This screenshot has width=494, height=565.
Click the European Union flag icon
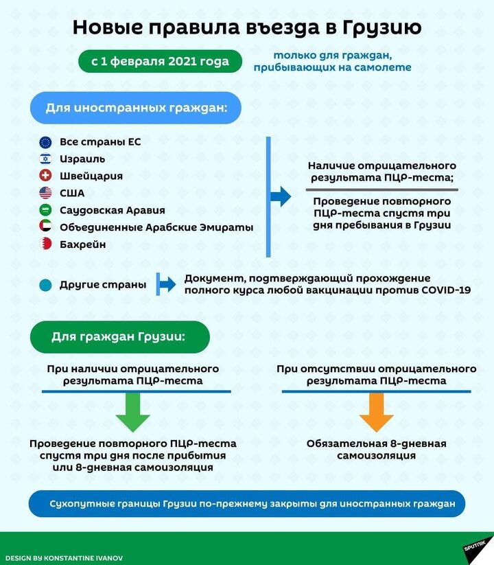tap(45, 142)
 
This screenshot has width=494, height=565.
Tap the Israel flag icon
tap(45, 159)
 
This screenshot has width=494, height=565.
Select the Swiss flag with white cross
tap(45, 176)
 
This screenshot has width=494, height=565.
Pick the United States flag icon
tap(45, 193)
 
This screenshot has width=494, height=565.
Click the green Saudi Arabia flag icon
tap(45, 210)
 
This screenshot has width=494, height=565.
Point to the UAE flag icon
tap(45, 227)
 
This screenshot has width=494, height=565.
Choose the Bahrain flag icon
tap(45, 244)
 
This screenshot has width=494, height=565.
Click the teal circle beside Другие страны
tap(45, 285)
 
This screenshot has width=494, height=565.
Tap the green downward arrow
tap(133, 412)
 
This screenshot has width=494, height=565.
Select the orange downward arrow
tap(376, 412)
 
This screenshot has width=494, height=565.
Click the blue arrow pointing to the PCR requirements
tap(281, 197)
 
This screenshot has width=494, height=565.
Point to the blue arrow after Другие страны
tap(167, 284)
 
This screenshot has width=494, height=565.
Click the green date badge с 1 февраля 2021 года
tap(160, 61)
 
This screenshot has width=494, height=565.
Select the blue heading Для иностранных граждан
tap(136, 108)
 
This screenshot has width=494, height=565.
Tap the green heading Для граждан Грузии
tap(120, 337)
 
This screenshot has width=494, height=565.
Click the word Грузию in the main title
tap(381, 27)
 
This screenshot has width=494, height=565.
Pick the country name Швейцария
tap(91, 176)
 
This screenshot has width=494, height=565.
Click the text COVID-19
tap(446, 290)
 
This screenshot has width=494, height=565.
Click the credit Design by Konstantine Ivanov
tap(64, 558)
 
